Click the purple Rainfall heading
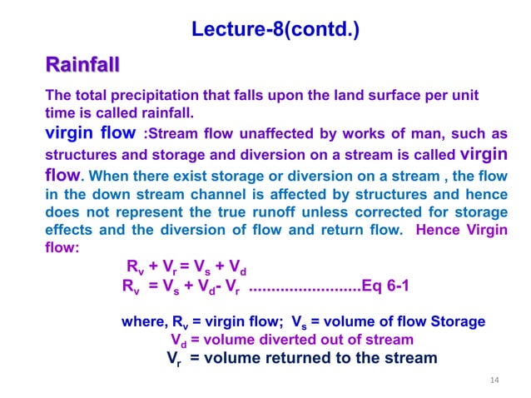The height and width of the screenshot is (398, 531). pos(82,64)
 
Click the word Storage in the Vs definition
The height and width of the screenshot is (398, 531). pos(457,321)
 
